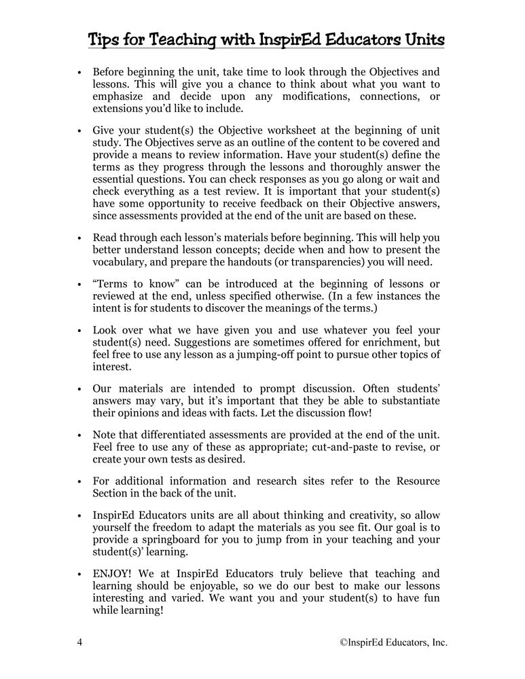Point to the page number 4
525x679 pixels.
pos(80,642)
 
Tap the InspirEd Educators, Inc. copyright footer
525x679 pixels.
pos(393,642)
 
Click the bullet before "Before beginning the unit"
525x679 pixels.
pos(80,71)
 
